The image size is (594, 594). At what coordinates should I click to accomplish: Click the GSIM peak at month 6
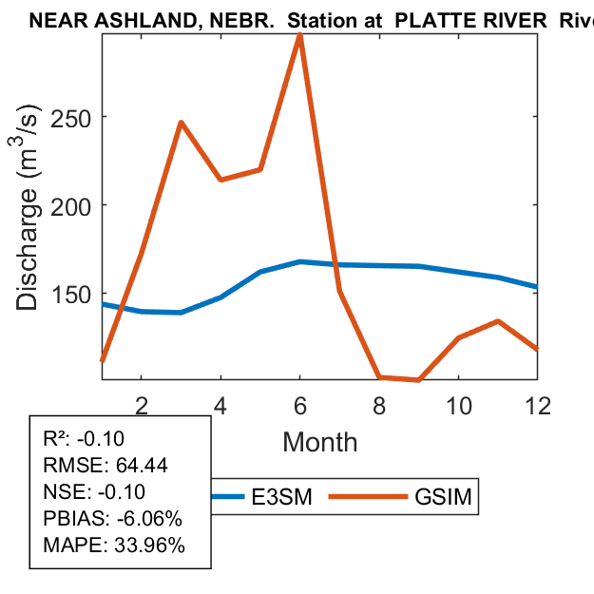pyautogui.click(x=300, y=35)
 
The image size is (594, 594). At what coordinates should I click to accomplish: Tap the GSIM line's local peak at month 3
pyautogui.click(x=181, y=123)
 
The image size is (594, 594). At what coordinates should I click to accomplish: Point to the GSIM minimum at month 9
pyautogui.click(x=419, y=379)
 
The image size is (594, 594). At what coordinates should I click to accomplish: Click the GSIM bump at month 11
pyautogui.click(x=499, y=321)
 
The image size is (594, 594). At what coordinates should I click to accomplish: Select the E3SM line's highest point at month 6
pyautogui.click(x=300, y=261)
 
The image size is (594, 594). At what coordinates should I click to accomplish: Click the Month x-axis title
pyautogui.click(x=319, y=442)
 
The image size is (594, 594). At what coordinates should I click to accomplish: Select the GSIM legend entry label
pyautogui.click(x=443, y=496)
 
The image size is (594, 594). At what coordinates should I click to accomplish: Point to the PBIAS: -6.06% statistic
pyautogui.click(x=100, y=519)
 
